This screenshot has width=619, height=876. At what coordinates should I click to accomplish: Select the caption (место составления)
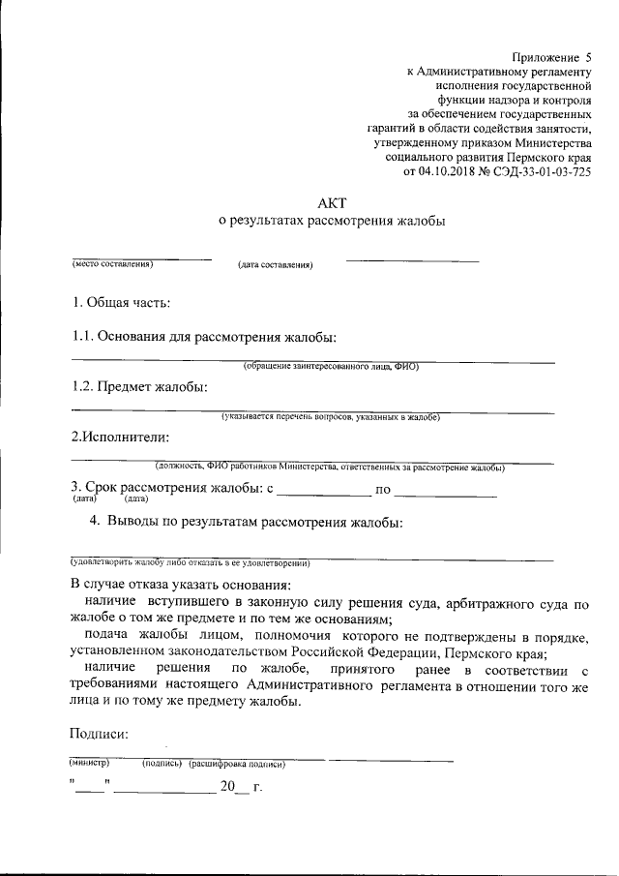click(x=112, y=263)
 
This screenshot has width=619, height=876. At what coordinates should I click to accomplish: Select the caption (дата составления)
click(x=276, y=264)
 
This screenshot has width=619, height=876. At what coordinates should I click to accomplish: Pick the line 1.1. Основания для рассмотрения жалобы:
click(x=205, y=337)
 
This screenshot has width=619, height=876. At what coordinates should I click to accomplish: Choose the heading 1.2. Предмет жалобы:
click(x=140, y=386)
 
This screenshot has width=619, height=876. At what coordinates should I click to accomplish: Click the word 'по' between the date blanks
click(x=383, y=490)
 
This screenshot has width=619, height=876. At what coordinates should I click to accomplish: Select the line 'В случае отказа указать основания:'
click(x=180, y=587)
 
